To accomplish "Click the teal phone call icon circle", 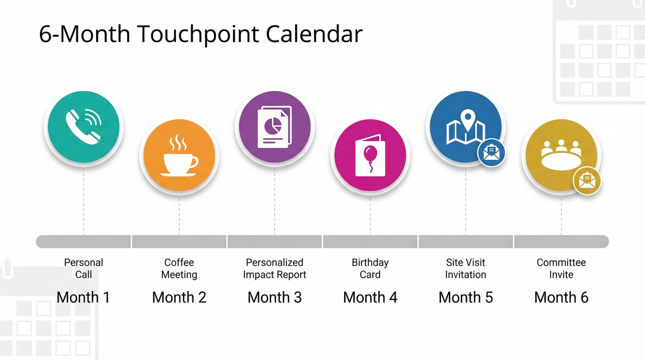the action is click(83, 127).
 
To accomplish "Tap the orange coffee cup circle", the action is click(179, 155).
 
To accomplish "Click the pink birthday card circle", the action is click(370, 155).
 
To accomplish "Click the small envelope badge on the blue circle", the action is click(491, 153).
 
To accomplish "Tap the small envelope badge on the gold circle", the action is click(587, 181).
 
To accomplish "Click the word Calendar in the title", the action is click(314, 34).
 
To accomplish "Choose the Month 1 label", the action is click(83, 297).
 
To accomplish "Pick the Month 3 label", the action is click(275, 297).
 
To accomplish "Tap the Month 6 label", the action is click(561, 297).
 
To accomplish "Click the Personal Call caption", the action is click(83, 269).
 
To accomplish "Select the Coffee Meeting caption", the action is click(179, 269).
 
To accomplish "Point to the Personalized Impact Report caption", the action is click(275, 269).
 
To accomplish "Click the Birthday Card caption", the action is click(370, 269).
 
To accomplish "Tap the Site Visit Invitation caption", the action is click(465, 269).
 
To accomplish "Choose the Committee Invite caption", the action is click(561, 269).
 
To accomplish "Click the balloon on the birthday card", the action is click(370, 153).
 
